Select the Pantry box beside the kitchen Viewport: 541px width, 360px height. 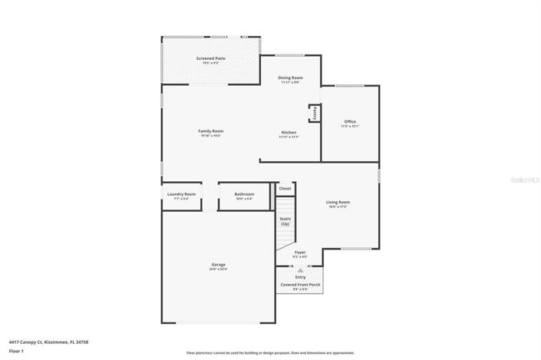pos(315,113)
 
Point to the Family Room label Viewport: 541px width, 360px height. pos(210,132)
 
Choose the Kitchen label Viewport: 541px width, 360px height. pos(289,133)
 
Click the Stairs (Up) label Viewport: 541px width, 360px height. pos(285,221)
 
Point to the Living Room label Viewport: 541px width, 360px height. pos(338,203)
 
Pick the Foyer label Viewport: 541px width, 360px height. pos(300,253)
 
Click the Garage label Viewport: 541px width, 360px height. pos(218,267)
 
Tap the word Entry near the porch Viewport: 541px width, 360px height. pos(300,277)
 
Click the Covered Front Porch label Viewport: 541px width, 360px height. pos(300,285)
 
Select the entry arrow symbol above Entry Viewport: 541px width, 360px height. pos(300,270)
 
